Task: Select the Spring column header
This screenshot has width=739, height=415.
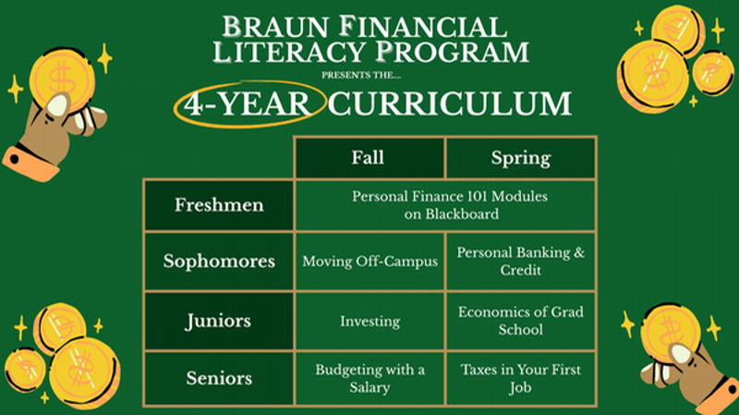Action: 520,157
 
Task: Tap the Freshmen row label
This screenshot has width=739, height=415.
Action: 219,205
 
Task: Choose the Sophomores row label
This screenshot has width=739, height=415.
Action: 219,262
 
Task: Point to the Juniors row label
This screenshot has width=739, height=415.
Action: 219,322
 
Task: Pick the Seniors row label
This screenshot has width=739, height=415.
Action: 219,379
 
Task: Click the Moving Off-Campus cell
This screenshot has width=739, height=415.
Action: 369,262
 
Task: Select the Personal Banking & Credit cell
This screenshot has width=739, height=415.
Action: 520,262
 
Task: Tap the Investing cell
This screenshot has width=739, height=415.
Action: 369,322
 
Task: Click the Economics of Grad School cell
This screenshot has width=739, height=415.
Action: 520,322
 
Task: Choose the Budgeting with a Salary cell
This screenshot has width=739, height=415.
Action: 369,379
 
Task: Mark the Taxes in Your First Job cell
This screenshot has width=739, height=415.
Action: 520,379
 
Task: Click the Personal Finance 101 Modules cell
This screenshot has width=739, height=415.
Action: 444,205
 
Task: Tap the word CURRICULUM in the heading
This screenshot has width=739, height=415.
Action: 451,104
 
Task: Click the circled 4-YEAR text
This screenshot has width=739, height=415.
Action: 247,104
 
